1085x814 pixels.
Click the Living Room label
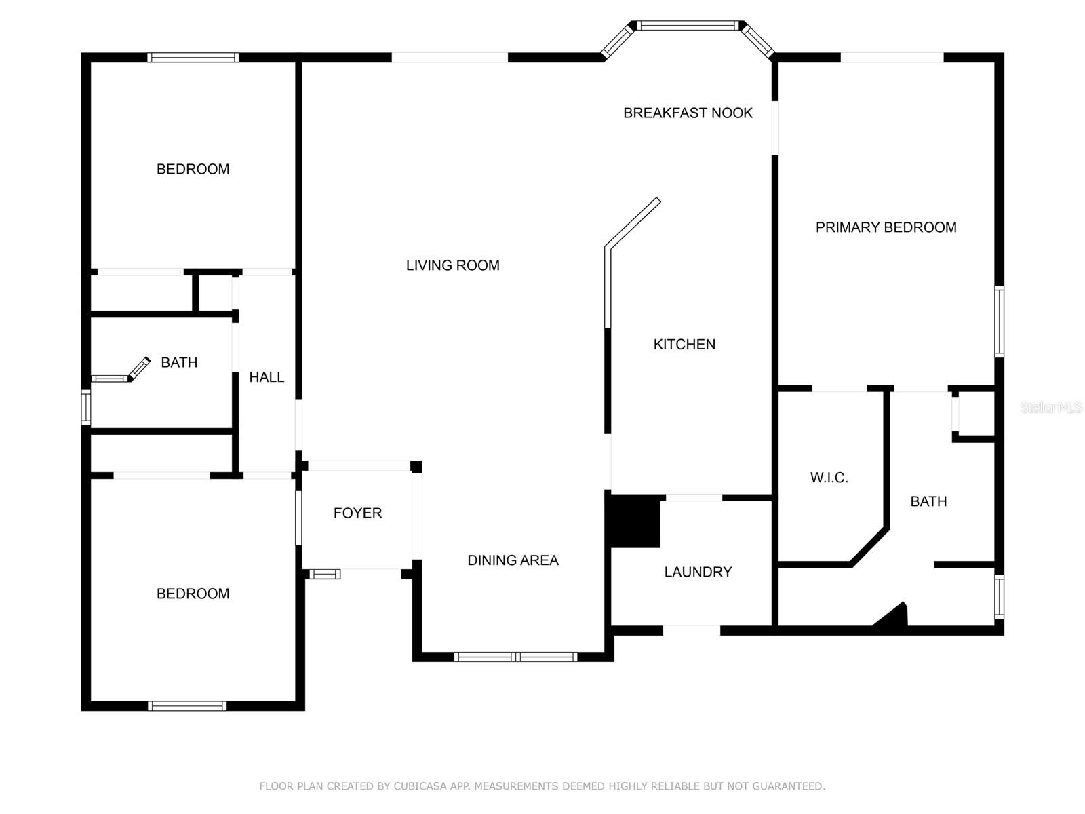452,265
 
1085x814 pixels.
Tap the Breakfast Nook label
688,113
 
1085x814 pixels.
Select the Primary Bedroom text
886,227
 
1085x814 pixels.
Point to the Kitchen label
684,344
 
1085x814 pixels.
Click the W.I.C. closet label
829,478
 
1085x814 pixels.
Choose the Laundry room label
698,572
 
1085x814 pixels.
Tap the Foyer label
357,513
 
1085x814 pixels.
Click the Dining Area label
513,560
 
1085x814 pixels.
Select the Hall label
267,377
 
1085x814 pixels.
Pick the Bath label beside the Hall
179,362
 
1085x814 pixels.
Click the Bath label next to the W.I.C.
928,501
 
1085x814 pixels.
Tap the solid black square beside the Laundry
635,521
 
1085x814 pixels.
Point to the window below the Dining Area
515,657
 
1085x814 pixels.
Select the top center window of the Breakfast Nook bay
687,26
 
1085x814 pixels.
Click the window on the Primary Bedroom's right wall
999,322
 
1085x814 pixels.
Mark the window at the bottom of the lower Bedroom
187,706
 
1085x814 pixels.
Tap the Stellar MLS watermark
1050,407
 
